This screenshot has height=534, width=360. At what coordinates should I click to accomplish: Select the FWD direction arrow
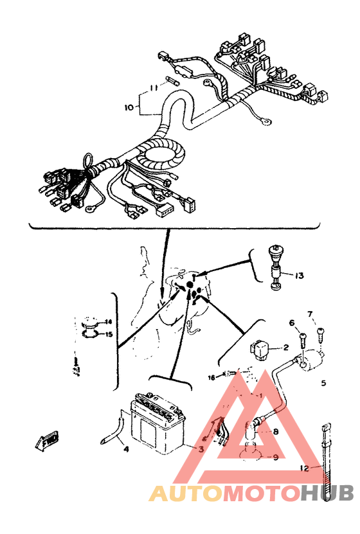coord(46,443)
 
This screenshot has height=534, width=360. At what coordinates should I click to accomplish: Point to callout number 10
coord(128,108)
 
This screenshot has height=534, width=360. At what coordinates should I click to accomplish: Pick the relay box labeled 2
coord(261,348)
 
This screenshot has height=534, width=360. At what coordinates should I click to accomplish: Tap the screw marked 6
coord(302,336)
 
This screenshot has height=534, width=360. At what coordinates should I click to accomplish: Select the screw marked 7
coord(321,334)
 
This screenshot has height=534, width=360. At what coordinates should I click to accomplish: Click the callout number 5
coord(323,383)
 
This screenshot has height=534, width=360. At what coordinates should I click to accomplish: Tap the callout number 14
coord(109,322)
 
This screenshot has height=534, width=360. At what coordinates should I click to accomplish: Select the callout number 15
coord(109,334)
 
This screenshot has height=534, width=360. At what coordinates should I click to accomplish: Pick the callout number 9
coord(275,458)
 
